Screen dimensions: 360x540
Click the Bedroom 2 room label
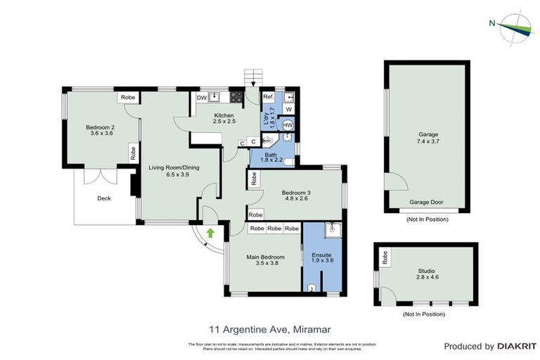[100, 127]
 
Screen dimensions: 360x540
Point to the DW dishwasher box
[201, 98]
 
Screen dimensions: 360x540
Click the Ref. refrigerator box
[268, 98]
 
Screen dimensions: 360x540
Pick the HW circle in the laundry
[287, 125]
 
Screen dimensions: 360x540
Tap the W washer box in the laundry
[288, 110]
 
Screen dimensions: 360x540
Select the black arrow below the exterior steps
[252, 86]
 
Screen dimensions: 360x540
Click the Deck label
[104, 198]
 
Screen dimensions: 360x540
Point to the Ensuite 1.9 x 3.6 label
[321, 257]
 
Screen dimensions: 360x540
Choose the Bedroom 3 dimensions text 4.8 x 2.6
[296, 199]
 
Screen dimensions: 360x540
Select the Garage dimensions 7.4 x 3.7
[429, 141]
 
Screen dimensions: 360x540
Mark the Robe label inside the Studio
[385, 258]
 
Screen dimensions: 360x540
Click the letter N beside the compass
[491, 22]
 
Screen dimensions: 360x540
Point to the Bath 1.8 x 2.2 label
[271, 158]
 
